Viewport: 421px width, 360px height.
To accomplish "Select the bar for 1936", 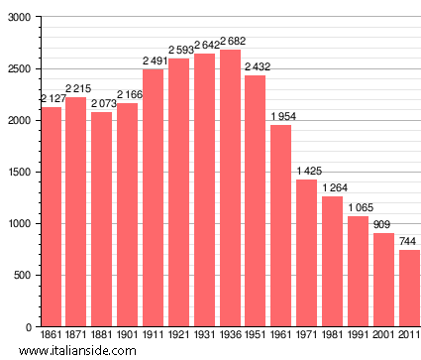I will click(230, 187).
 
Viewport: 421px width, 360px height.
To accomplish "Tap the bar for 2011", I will click(409, 288).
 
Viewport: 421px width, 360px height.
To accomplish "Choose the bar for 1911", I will click(153, 197).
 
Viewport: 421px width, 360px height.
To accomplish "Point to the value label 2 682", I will click(230, 41).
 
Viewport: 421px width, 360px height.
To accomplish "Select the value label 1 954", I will click(282, 116).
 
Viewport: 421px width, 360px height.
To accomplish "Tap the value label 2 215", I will click(76, 89).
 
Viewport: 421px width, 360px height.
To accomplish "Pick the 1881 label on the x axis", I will click(102, 336).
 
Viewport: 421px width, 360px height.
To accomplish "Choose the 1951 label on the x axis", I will click(256, 336).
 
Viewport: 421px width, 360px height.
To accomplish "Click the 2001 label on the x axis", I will click(383, 336).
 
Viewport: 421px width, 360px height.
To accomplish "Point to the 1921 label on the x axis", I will click(178, 336).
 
